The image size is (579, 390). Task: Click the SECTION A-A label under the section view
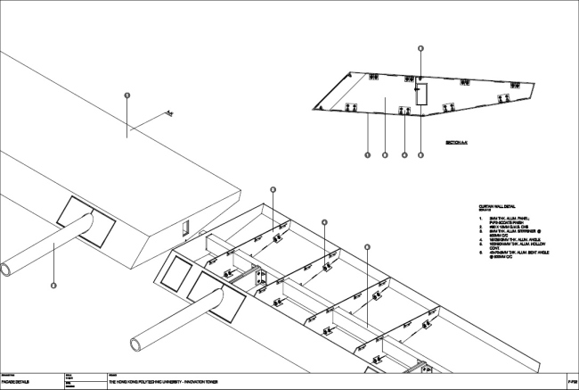tap(455, 143)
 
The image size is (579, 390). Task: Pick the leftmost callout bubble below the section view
tap(367, 155)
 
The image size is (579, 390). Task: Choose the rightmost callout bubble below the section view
tap(420, 155)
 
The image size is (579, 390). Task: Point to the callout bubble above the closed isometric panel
tap(127, 95)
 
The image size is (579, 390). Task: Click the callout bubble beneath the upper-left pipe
tap(53, 285)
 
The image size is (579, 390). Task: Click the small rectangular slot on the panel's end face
tap(185, 228)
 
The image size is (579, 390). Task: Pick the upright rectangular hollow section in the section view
tap(422, 94)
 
